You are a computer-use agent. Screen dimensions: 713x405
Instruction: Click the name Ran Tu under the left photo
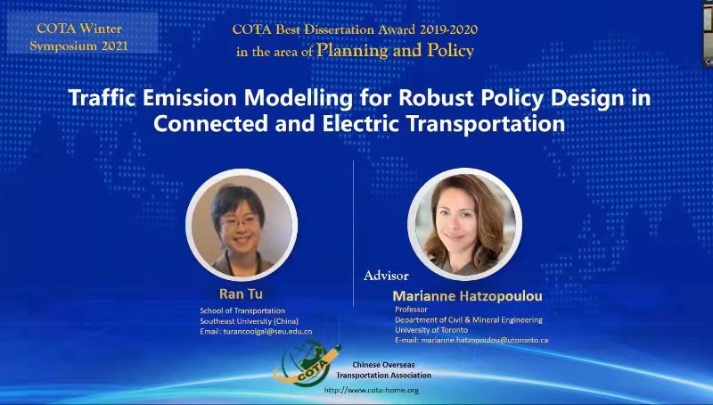[241, 294]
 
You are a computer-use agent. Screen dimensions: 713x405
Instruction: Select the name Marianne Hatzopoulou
[467, 296]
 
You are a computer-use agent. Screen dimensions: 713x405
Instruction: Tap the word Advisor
[386, 276]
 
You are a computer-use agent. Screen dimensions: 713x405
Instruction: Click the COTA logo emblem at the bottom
[307, 363]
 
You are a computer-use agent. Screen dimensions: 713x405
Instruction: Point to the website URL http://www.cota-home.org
[372, 390]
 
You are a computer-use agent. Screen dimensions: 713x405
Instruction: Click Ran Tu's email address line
[256, 332]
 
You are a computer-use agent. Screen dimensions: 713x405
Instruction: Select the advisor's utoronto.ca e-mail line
[471, 340]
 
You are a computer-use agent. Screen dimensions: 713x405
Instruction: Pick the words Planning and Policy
[395, 50]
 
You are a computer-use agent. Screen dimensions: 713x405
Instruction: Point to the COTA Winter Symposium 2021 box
[82, 32]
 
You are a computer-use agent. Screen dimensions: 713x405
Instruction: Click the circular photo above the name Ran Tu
[242, 225]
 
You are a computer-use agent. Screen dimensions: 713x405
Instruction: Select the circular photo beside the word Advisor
[464, 224]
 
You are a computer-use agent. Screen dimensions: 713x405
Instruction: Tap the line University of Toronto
[431, 330]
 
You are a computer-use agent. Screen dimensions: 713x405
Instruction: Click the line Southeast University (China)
[250, 321]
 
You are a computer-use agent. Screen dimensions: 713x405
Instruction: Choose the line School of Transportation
[242, 310]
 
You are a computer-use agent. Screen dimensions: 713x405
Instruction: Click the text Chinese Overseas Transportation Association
[384, 370]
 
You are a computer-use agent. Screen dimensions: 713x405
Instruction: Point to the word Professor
[411, 310]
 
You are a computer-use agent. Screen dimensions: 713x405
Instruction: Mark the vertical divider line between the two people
[353, 233]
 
